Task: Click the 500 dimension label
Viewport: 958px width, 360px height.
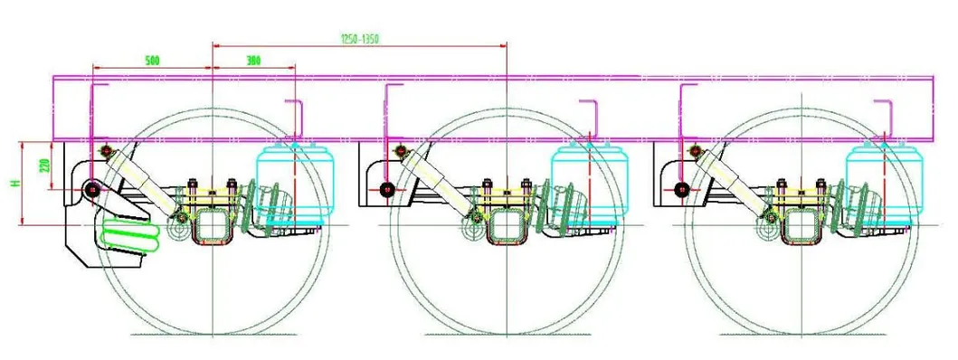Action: pyautogui.click(x=153, y=60)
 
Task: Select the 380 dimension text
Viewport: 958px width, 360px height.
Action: pyautogui.click(x=253, y=60)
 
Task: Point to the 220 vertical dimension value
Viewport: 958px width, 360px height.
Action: pyautogui.click(x=43, y=166)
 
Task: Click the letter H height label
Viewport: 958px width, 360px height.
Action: pyautogui.click(x=14, y=183)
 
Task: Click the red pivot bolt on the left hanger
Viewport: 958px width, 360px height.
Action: pyautogui.click(x=92, y=189)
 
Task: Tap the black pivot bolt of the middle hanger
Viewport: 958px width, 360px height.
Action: pyautogui.click(x=387, y=189)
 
